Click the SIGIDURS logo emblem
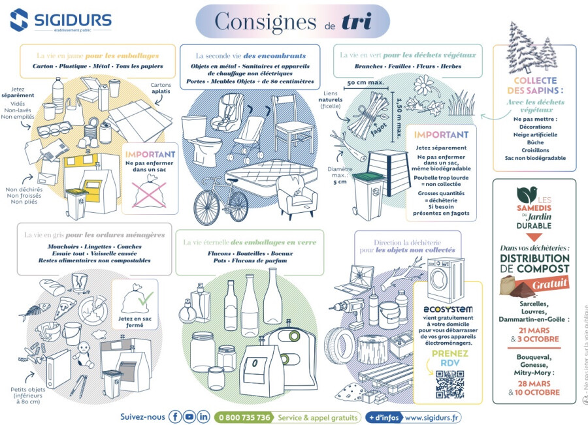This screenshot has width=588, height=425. [x=20, y=20]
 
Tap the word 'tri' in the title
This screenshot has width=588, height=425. [x=357, y=21]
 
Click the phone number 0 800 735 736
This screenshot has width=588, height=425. [x=244, y=417]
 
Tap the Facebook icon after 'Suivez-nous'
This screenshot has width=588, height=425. [x=175, y=417]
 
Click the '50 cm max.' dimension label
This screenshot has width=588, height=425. [x=365, y=83]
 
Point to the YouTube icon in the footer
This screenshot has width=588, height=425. [x=189, y=417]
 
